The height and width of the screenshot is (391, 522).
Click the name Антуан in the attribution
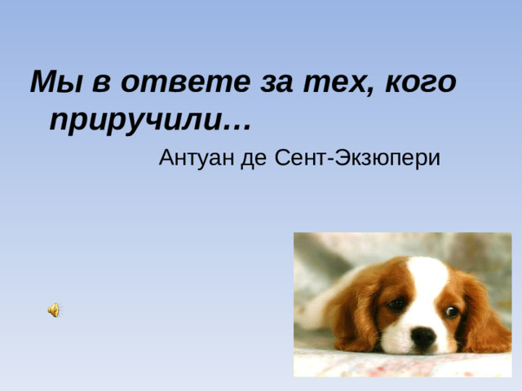[x=196, y=157]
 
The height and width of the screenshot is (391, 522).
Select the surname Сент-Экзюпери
[x=359, y=158]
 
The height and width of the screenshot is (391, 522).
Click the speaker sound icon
[x=53, y=310]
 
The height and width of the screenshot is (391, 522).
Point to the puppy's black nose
[x=423, y=339]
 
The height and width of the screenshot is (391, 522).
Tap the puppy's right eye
[x=450, y=310]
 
